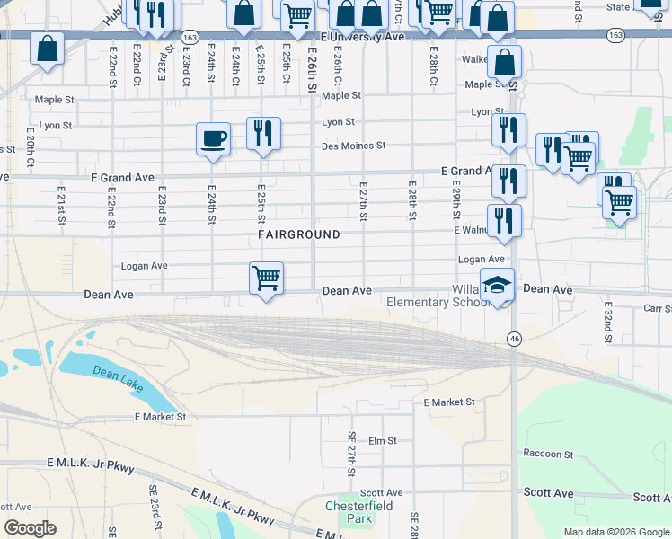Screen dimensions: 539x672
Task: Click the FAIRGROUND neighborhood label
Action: (299, 234)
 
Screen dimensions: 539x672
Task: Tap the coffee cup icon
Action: (213, 139)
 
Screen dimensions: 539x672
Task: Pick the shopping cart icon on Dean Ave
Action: (266, 278)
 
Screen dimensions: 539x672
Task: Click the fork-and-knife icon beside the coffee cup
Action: (263, 134)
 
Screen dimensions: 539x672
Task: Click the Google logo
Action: (30, 528)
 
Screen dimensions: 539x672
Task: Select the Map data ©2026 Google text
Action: (615, 532)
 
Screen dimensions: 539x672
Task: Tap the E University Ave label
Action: (362, 39)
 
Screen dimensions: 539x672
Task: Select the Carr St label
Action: (658, 309)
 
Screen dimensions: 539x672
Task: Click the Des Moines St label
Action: (354, 146)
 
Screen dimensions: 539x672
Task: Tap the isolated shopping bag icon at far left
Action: (47, 49)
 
